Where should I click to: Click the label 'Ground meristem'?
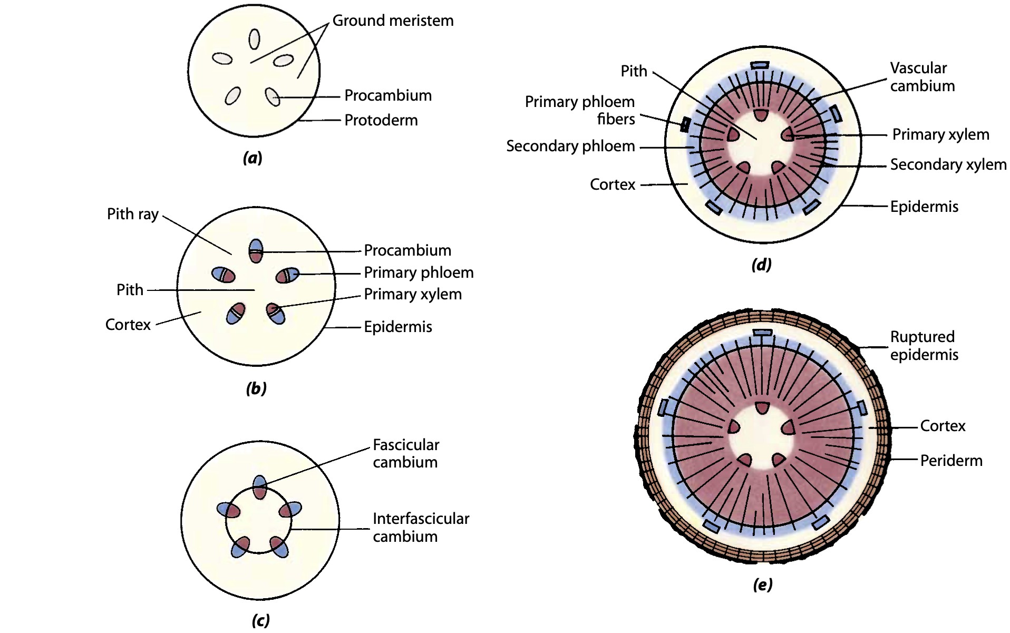point(393,21)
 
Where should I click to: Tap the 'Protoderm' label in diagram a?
point(381,120)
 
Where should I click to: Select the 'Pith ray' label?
point(133,214)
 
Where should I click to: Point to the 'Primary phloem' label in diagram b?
point(419,272)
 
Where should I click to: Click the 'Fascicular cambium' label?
point(405,453)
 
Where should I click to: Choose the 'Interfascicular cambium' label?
point(421,527)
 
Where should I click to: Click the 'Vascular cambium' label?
point(922,77)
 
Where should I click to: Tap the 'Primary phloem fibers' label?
point(580,110)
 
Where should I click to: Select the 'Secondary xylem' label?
point(948,164)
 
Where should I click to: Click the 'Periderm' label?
point(951,461)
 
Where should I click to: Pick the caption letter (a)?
point(252,158)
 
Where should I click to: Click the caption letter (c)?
point(261,620)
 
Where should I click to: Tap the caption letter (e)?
point(763,585)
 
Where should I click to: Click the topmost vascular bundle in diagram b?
point(256,250)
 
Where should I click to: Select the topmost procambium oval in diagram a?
point(255,39)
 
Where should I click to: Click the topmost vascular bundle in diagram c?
point(260,486)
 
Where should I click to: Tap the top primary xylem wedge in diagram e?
point(762,407)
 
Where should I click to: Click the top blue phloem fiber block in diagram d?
point(760,64)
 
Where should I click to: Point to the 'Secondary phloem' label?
point(570,146)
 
